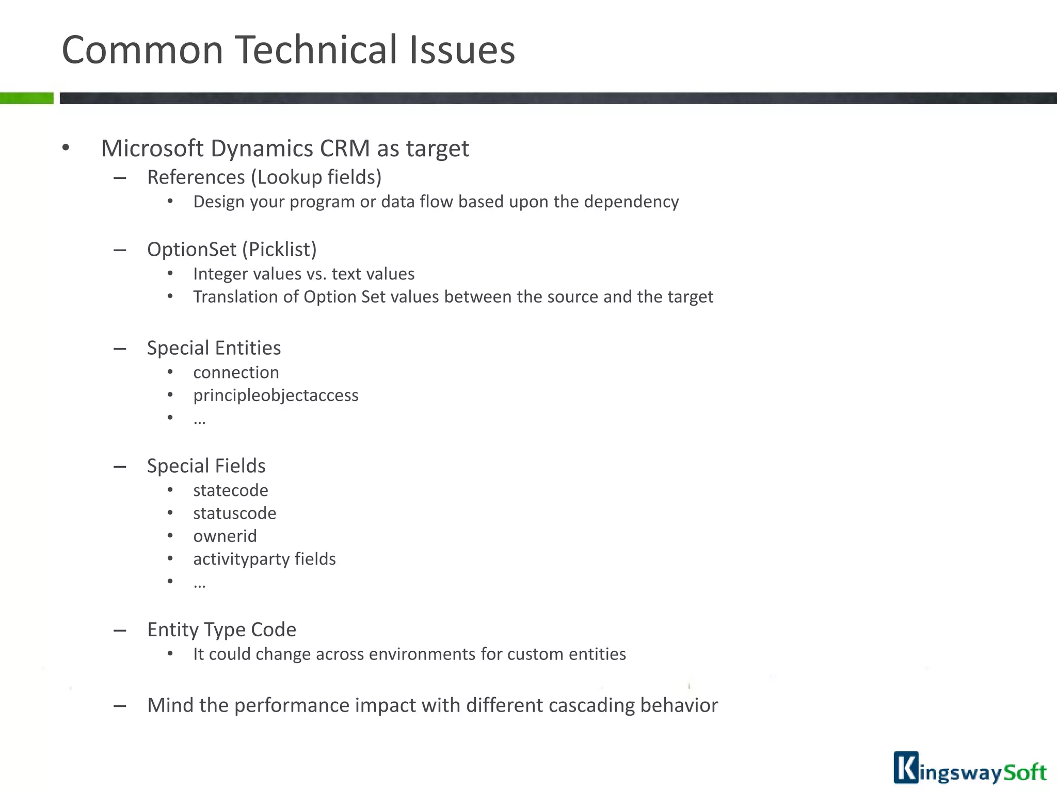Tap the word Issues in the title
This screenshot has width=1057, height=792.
461,50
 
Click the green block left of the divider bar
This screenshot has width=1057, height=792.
26,98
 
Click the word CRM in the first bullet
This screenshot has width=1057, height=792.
345,148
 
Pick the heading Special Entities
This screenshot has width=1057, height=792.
214,348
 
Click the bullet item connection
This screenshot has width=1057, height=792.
236,372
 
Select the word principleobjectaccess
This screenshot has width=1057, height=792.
276,395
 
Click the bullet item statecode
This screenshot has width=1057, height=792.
230,490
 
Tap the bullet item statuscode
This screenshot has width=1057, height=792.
234,514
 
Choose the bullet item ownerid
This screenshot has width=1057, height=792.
225,536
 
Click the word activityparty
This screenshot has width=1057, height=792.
241,559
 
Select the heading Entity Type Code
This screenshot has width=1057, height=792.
221,630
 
